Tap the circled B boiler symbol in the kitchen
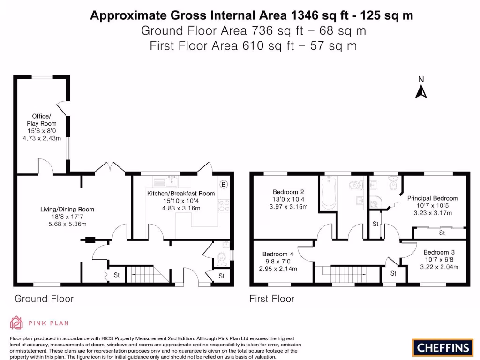224,185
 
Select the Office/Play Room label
41,120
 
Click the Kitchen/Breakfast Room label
181,193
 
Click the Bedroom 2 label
288,192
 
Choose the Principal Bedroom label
432,198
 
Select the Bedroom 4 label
278,254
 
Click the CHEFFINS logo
442,347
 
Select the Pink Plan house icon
16,322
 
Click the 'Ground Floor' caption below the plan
44,299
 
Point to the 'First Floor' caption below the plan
272,299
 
